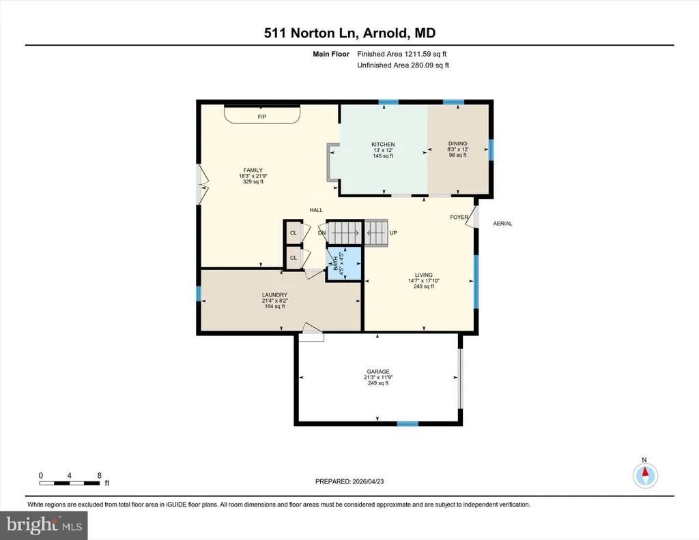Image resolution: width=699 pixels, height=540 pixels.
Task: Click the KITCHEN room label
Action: (x=383, y=145)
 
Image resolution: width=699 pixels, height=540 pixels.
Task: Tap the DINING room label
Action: (x=458, y=143)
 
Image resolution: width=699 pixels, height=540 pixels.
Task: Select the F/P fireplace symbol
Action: (x=261, y=115)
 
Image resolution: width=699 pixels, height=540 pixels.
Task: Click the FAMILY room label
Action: (x=253, y=170)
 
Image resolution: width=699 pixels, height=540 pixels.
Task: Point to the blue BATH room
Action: (x=344, y=263)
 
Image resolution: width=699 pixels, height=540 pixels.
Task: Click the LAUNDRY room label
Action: (x=274, y=295)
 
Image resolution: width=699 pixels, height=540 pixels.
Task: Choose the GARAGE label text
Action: (x=378, y=372)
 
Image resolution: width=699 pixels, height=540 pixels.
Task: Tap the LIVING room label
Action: (x=423, y=275)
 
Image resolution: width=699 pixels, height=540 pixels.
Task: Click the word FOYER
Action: (x=459, y=217)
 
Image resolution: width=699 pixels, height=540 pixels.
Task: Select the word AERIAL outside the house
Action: (x=502, y=224)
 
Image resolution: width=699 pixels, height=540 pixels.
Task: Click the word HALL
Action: (x=316, y=210)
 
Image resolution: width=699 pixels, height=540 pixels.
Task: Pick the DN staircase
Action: (x=344, y=232)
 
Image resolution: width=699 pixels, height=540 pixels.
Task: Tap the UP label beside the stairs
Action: (x=393, y=232)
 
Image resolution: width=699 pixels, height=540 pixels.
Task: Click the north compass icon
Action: (x=645, y=475)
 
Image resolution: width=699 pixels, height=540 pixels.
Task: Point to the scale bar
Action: (x=70, y=483)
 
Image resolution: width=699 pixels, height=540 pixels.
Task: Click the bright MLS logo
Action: (x=44, y=525)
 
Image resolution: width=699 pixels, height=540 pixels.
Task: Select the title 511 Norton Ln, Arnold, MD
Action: (x=349, y=33)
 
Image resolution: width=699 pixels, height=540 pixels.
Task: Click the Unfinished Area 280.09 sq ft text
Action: (x=403, y=65)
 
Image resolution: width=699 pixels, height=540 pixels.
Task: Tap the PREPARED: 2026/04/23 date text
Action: (x=349, y=481)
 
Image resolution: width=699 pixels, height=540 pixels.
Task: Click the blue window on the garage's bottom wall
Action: (x=408, y=424)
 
